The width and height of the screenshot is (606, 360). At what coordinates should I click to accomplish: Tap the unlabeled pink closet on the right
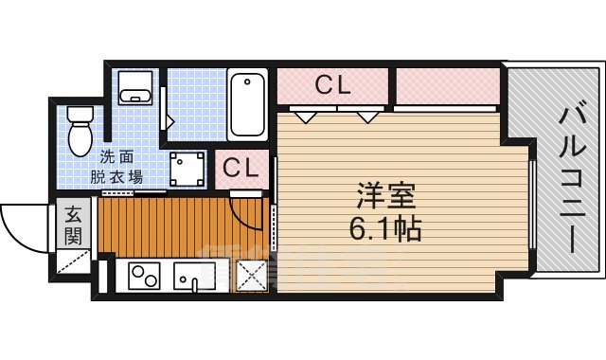click(445, 85)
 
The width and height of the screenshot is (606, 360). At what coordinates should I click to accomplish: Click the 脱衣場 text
click(122, 175)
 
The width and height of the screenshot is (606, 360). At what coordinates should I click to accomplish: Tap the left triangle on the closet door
click(304, 116)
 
